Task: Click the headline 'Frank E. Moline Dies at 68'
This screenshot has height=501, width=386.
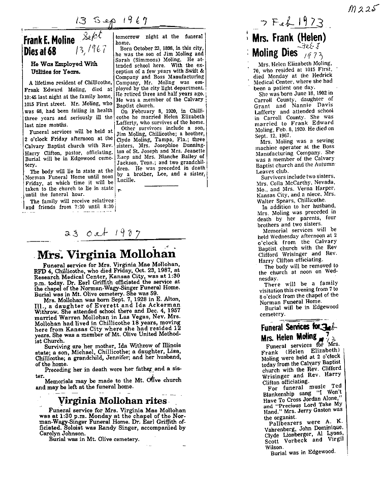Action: click(x=49, y=46)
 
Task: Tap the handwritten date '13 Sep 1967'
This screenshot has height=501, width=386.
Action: click(x=111, y=21)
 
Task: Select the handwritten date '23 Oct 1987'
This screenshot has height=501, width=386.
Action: click(x=97, y=233)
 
